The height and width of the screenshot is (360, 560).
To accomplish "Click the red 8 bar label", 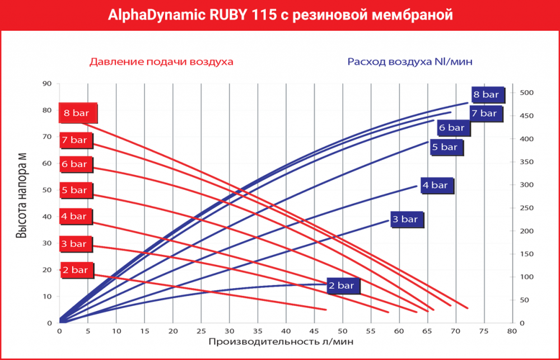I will tap(78, 113).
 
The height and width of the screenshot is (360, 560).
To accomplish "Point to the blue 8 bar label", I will tap(486, 95).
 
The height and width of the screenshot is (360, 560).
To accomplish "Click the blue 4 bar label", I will tap(435, 185).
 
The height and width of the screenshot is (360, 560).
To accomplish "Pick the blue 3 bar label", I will tap(405, 219).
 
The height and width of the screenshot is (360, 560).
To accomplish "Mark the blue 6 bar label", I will tap(451, 128).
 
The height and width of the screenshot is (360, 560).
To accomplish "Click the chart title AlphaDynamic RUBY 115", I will tap(279, 15).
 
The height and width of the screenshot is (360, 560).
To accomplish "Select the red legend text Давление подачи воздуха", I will tap(161, 61).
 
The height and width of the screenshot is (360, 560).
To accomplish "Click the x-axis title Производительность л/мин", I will tap(282, 341).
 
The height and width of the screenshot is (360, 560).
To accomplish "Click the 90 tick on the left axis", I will tap(47, 84).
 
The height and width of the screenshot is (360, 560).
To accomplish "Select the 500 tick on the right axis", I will tap(526, 92).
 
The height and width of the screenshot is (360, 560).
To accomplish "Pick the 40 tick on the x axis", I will tap(286, 331).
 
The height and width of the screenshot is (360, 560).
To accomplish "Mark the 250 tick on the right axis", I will tap(526, 208).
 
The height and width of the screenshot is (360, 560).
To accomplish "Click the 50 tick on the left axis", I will tap(47, 190).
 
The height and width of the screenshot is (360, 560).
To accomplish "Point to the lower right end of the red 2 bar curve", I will tap(325, 309).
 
